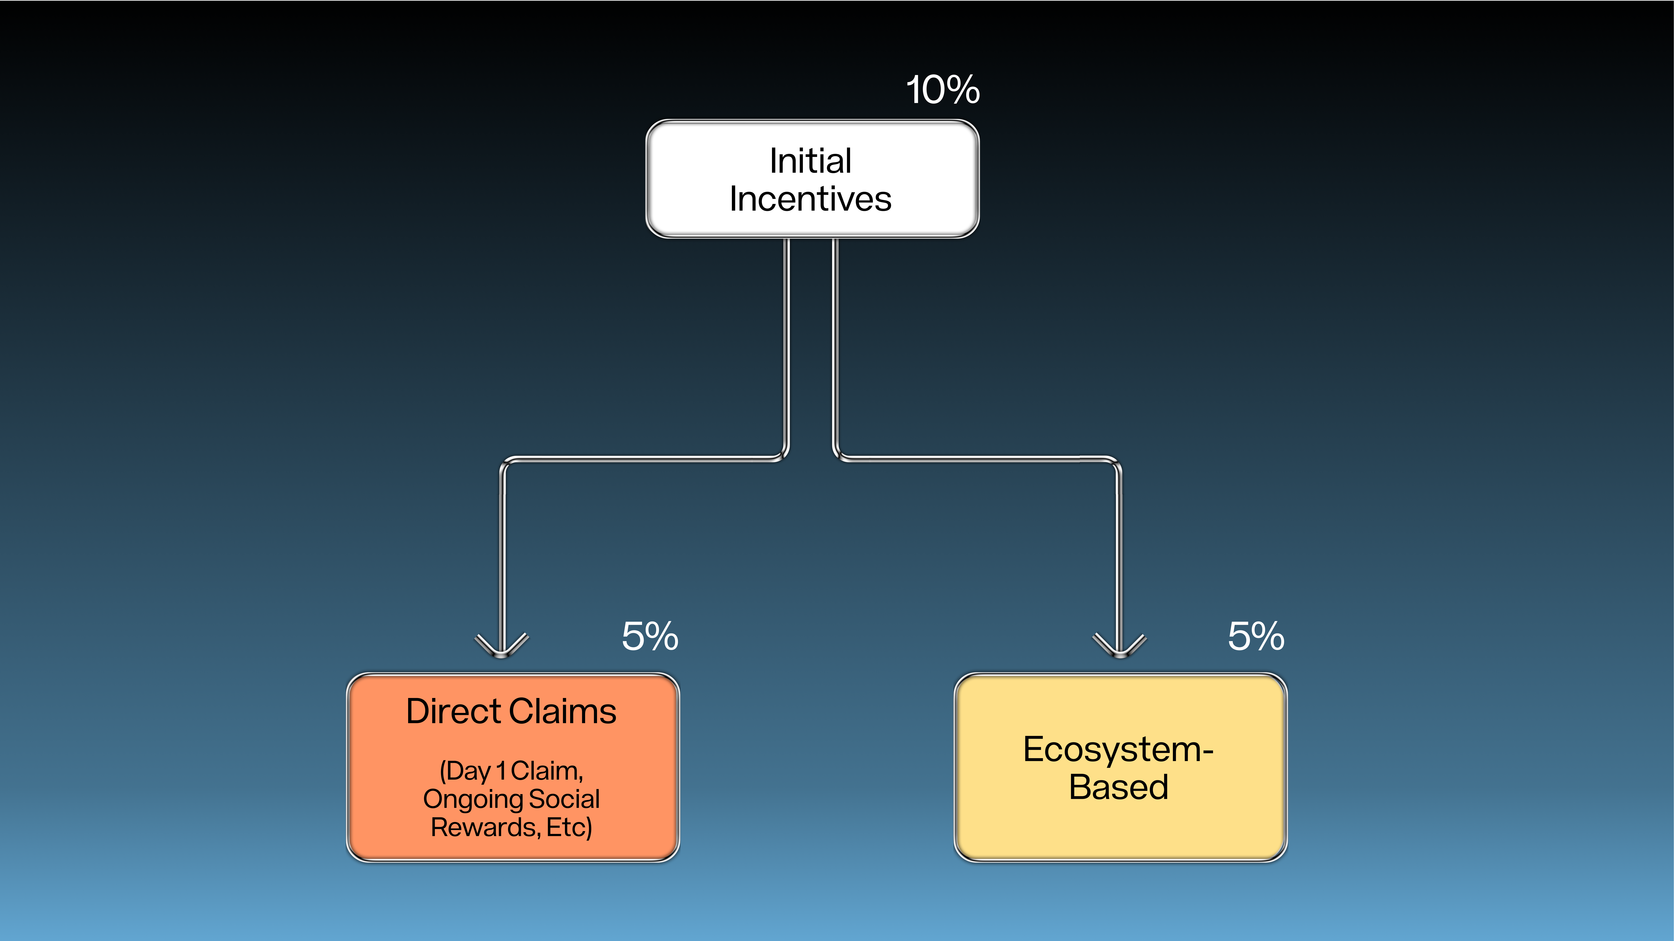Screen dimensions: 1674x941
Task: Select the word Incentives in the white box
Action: coord(810,199)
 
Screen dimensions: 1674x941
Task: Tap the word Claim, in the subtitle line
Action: coord(547,771)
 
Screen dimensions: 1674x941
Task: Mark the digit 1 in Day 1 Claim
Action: coord(501,771)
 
